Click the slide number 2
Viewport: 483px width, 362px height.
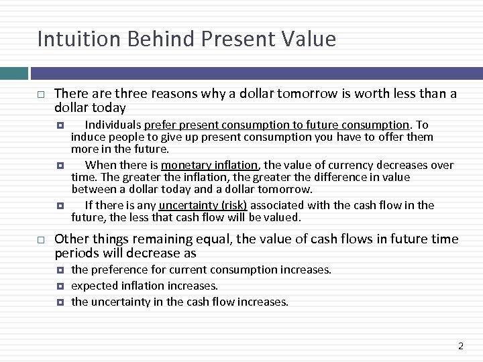tap(461, 346)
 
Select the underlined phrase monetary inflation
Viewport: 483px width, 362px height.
tap(209, 165)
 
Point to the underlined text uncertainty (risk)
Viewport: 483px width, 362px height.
tap(203, 205)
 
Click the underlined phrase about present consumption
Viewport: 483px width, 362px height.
tap(276, 125)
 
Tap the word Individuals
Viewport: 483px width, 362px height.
tap(113, 125)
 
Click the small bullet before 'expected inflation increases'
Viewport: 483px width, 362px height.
tap(60, 286)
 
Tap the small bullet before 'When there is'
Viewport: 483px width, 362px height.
tap(60, 165)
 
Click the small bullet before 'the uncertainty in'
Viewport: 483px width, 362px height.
tap(60, 302)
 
